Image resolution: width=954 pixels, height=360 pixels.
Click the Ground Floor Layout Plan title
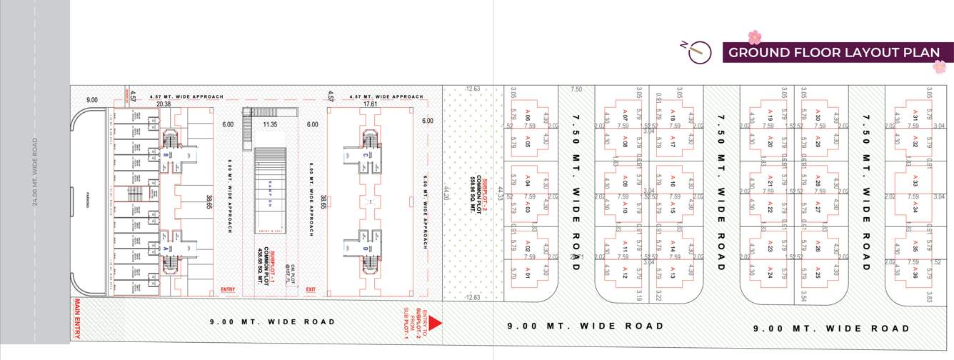tap(833, 52)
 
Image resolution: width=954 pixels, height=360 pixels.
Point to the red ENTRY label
tap(228, 290)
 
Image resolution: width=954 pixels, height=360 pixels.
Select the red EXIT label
tap(311, 290)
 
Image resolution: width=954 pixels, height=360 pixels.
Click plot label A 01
tap(528, 271)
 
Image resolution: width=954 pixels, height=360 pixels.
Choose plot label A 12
tap(624, 271)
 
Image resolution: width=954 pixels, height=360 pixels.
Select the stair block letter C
tap(365, 155)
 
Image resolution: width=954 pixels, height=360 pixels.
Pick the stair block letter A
tap(166, 248)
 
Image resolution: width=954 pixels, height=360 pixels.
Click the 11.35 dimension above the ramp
tap(270, 124)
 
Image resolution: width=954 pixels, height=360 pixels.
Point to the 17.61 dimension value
tap(370, 104)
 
